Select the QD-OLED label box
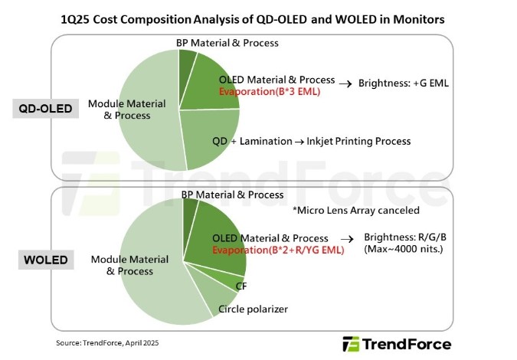tap(46, 109)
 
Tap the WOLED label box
tap(44, 260)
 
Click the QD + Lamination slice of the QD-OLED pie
tap(211, 138)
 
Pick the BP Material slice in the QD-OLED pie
tap(187, 67)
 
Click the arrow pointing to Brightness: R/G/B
tap(351, 239)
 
